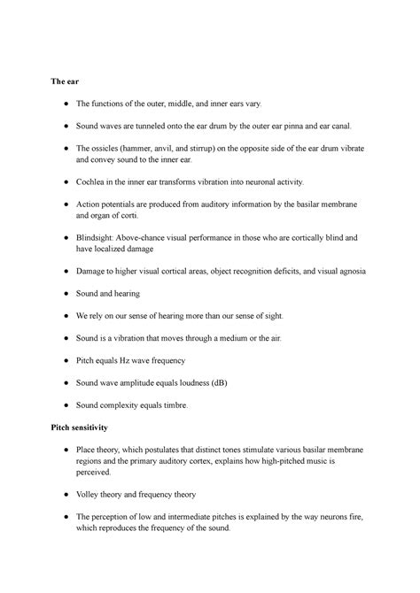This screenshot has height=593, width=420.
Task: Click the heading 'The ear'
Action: click(x=66, y=81)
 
